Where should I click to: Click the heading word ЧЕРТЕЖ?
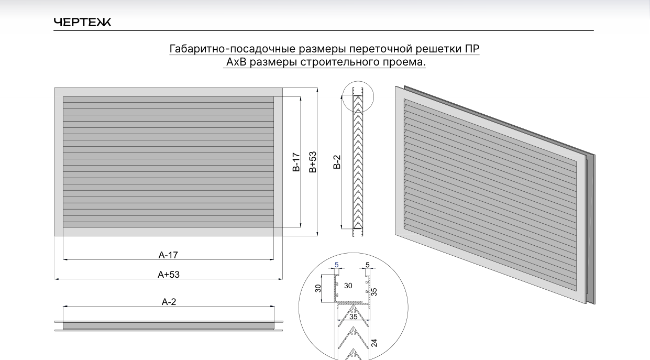pos(82,23)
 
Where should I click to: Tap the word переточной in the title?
pos(382,49)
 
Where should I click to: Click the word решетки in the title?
pos(438,49)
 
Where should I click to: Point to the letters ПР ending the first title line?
pos(472,49)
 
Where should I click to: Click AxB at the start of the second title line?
pos(236,62)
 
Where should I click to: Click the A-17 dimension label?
pos(168,255)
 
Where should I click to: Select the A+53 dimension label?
pos(169,275)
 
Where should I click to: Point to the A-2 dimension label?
pos(169,302)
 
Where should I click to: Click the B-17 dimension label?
pos(296,162)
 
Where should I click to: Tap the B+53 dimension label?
pos(313,162)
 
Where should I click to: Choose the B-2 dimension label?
pos(337,162)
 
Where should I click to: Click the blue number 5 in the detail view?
pos(337,265)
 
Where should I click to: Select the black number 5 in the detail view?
pos(367,265)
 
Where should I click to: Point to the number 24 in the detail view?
pos(374,343)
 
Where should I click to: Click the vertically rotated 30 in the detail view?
pos(318,288)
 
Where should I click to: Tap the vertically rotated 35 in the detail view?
pos(374,292)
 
